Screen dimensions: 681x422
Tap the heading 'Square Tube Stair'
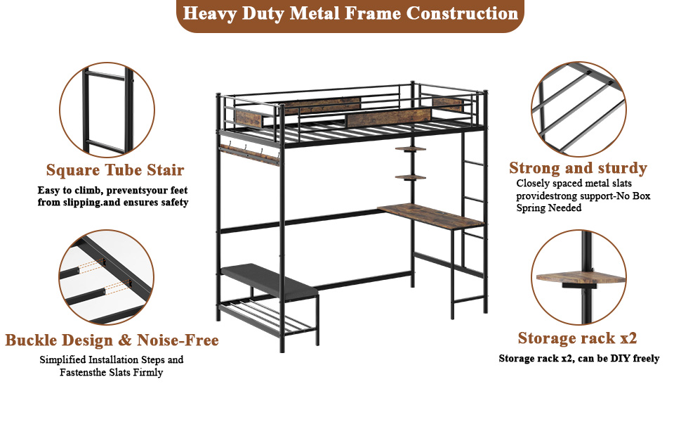tap(115, 170)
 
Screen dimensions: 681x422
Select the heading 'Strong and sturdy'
tap(578, 168)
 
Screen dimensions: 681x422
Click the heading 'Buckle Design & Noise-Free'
tap(112, 340)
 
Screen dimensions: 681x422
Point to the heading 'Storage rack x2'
tap(577, 338)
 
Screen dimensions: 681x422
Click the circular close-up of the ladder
tap(107, 110)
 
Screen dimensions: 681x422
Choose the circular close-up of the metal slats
tap(578, 109)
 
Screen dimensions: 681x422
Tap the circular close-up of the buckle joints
tap(107, 277)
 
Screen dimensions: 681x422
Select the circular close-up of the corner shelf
tap(578, 277)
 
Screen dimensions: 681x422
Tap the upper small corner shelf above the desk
tap(411, 149)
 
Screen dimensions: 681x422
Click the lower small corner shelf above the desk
tap(411, 177)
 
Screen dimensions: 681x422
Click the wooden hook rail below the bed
tap(249, 155)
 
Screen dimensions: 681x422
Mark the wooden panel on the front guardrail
tap(388, 117)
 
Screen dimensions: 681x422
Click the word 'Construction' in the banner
tap(462, 13)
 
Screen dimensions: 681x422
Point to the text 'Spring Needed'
tap(549, 208)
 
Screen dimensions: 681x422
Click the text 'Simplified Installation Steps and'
tap(112, 360)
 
